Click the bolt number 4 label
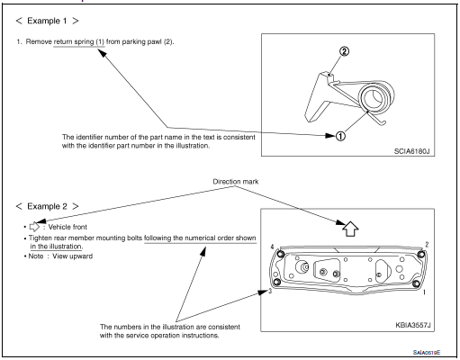[x=271, y=246]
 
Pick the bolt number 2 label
[x=426, y=244]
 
